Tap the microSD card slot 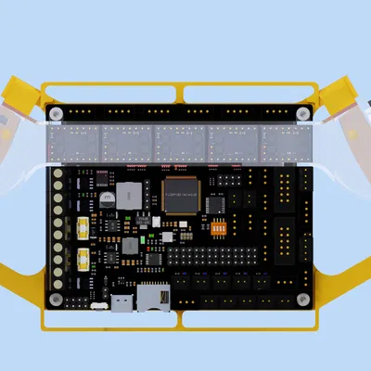[x=152, y=298]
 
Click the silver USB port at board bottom [x=122, y=302]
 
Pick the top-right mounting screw [x=302, y=112]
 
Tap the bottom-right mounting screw [x=302, y=299]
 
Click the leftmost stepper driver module [x=73, y=142]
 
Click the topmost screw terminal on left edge [x=59, y=173]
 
